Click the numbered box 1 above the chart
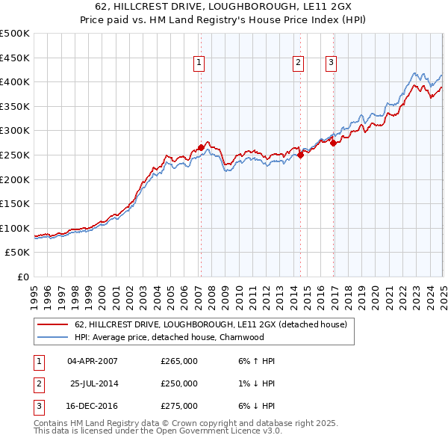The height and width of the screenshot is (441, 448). pyautogui.click(x=200, y=64)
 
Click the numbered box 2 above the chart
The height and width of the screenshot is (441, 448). pyautogui.click(x=298, y=64)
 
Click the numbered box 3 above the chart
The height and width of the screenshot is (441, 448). pyautogui.click(x=331, y=64)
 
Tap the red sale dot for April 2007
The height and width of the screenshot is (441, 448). pyautogui.click(x=201, y=148)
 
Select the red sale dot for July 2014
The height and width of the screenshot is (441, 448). pyautogui.click(x=300, y=155)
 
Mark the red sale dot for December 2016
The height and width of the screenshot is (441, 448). pyautogui.click(x=333, y=144)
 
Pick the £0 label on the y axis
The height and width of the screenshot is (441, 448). pyautogui.click(x=22, y=277)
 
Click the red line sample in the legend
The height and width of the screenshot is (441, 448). pyautogui.click(x=52, y=325)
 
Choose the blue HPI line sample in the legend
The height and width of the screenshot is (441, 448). pyautogui.click(x=52, y=337)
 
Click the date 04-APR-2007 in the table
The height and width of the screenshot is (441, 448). pyautogui.click(x=93, y=361)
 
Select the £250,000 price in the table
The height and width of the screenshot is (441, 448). pyautogui.click(x=179, y=383)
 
